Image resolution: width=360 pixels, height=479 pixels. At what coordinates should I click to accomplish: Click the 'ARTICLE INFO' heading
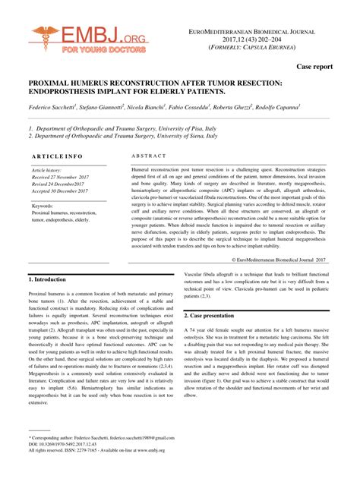[x=58, y=156]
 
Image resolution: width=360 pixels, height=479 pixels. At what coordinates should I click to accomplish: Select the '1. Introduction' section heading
[x=48, y=279]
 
